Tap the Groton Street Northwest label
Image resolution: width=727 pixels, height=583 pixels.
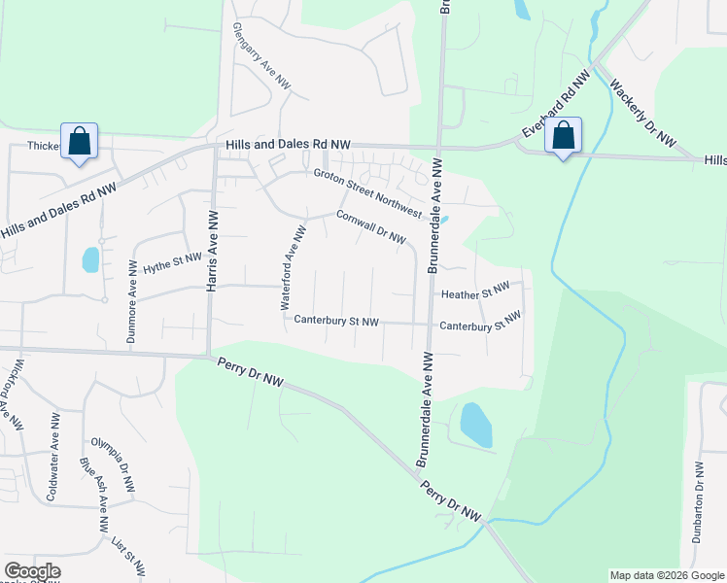[x=366, y=193]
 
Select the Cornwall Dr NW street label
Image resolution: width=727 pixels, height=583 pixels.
[x=370, y=228]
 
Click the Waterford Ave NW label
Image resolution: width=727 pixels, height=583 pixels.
[x=294, y=267]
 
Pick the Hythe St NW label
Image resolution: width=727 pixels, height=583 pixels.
[x=172, y=263]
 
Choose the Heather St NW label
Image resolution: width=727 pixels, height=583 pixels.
[x=475, y=291]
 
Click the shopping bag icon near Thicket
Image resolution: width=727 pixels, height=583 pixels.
[x=79, y=141]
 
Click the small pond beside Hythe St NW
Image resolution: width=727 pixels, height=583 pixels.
[x=90, y=258]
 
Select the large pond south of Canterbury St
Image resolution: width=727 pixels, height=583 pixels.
[x=475, y=424]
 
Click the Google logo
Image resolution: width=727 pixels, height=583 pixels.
[x=32, y=571]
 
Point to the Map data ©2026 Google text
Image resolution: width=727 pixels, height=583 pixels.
[x=666, y=575]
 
